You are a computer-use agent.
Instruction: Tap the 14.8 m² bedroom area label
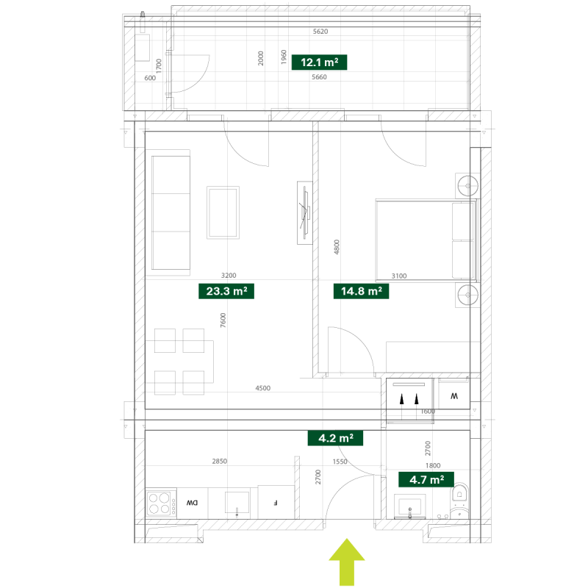(361, 291)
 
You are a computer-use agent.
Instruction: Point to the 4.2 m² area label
(336, 439)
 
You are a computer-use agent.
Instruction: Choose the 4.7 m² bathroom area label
(426, 480)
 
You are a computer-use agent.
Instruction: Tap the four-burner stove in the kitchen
(159, 503)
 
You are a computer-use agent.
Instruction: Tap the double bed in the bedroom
(426, 240)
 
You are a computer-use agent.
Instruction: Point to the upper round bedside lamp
(466, 184)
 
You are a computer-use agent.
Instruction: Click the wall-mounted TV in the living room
(303, 212)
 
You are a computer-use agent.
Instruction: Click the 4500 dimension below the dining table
(263, 387)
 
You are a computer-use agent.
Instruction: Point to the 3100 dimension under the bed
(398, 276)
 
